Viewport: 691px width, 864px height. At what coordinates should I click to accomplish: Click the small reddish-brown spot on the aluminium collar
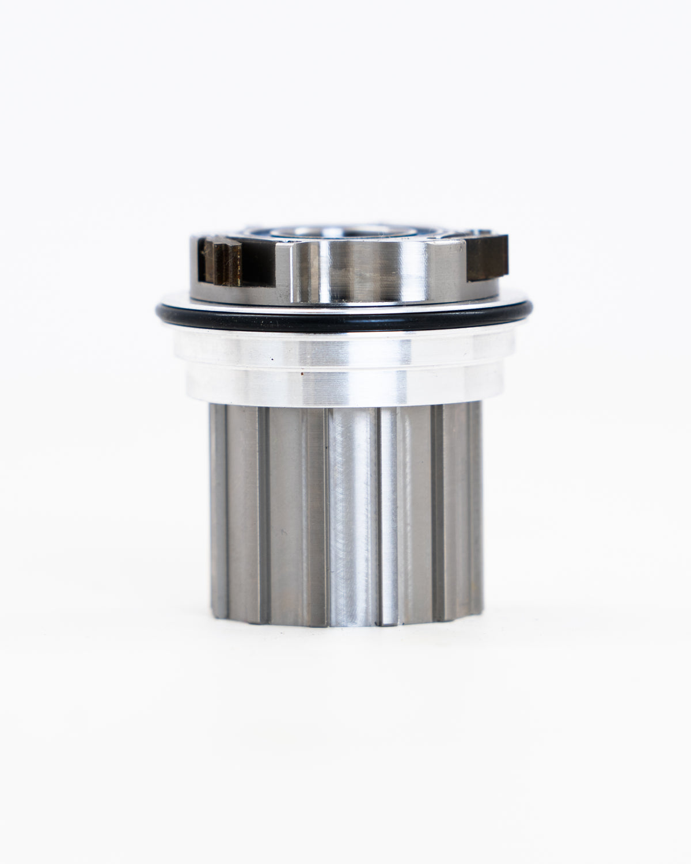pyautogui.click(x=299, y=374)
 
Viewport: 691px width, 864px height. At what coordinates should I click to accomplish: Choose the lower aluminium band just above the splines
pyautogui.click(x=345, y=386)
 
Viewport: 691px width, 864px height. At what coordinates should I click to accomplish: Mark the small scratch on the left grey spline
pyautogui.click(x=282, y=529)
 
